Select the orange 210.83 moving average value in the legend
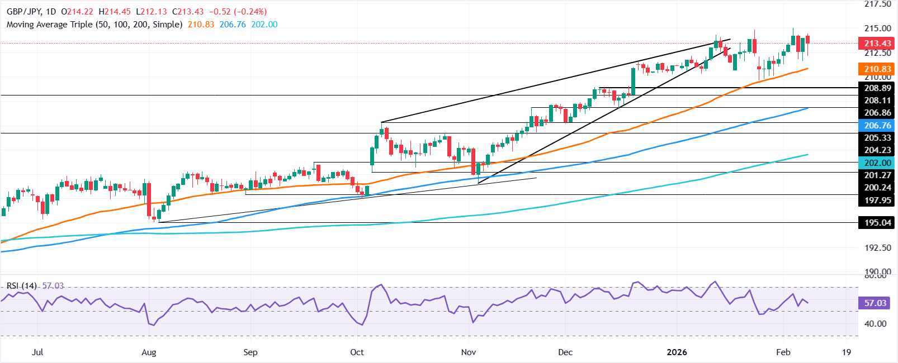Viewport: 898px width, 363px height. point(201,25)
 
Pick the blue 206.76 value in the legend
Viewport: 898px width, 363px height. point(233,25)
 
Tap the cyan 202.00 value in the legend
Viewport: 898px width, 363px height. point(264,25)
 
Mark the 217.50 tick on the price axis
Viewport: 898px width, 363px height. point(877,4)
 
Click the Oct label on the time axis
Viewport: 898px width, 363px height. point(357,352)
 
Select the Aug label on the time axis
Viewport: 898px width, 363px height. point(149,352)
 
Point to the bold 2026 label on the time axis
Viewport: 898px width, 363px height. point(677,352)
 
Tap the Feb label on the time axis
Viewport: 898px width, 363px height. point(783,352)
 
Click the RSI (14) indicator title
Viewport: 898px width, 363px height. point(22,286)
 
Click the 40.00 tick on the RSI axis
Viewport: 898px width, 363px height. point(875,324)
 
